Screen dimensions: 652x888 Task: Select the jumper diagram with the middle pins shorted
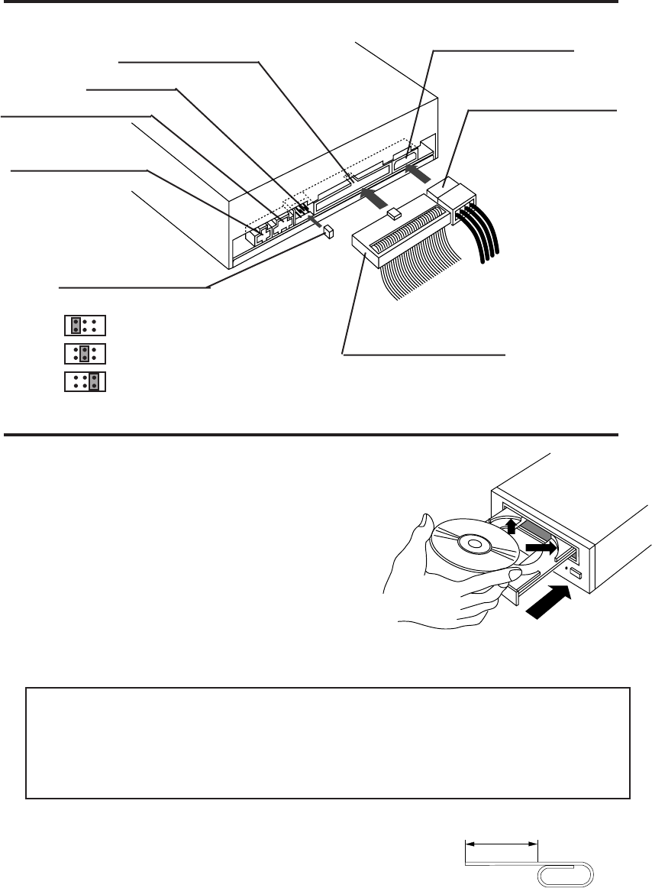84,353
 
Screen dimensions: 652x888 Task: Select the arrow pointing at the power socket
417,173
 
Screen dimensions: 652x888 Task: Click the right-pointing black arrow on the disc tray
541,549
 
